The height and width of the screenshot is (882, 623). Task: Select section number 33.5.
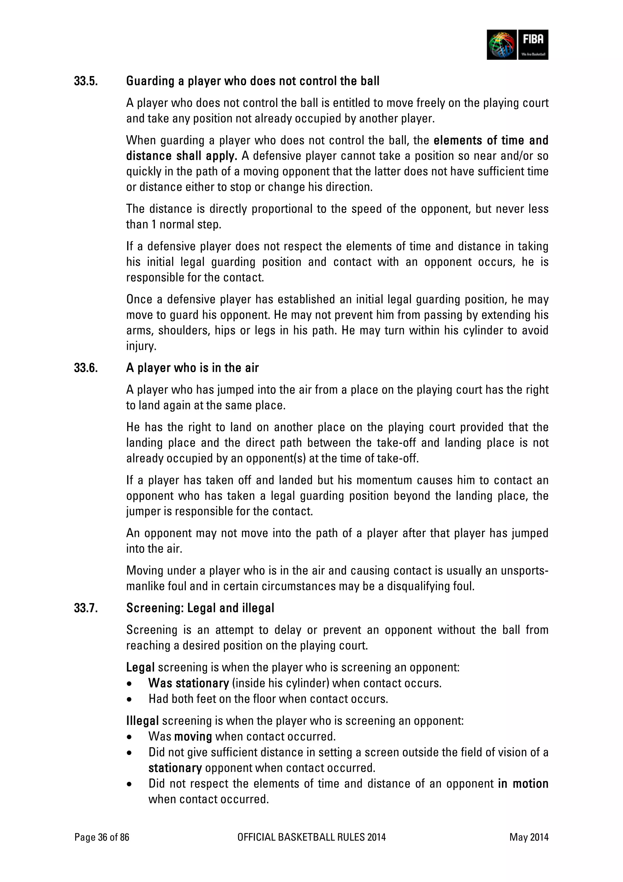(86, 81)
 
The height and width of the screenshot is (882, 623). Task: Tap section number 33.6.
(86, 368)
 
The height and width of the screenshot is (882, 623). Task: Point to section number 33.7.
(86, 608)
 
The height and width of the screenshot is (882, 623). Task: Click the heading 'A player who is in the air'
(192, 368)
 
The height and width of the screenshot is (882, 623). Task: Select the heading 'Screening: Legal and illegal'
(200, 608)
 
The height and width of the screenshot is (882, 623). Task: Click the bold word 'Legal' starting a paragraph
(140, 667)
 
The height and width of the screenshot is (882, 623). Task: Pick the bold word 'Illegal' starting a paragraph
(142, 721)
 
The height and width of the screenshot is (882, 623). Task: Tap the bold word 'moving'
(193, 736)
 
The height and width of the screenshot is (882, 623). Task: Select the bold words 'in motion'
(523, 783)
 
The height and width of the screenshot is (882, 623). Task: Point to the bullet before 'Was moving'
(130, 737)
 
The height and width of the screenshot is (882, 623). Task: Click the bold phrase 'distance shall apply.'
(182, 156)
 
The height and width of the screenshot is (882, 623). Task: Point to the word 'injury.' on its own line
(141, 346)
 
